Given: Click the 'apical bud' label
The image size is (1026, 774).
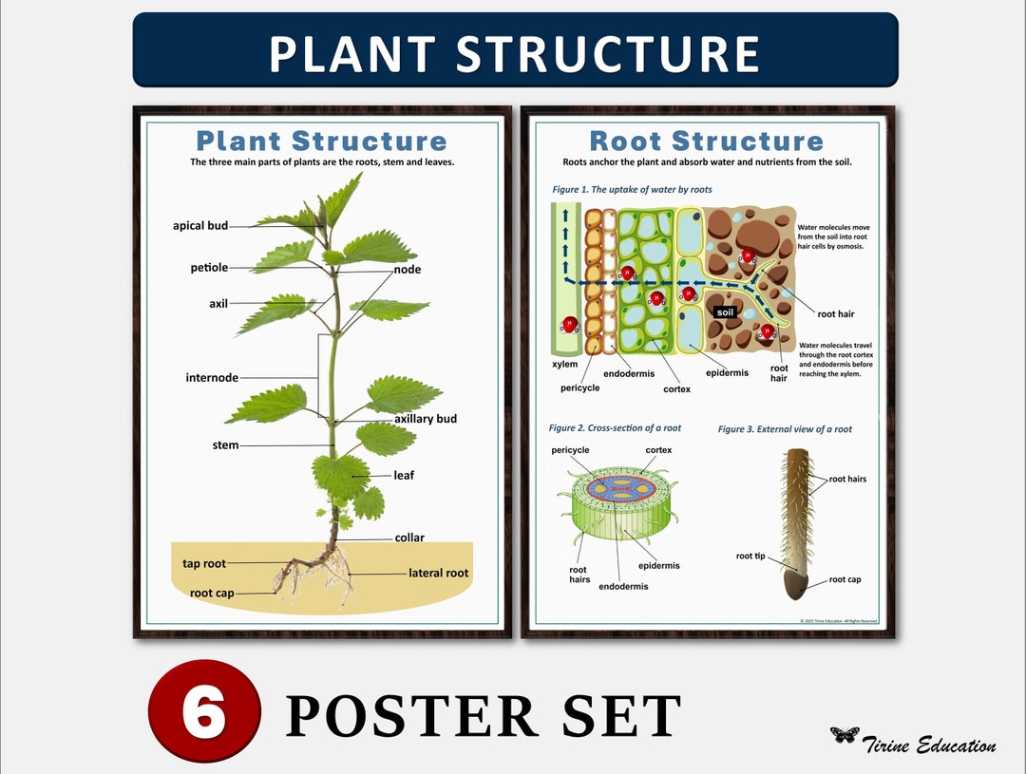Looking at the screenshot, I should click(200, 226).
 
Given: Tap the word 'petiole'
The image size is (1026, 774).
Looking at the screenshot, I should click(209, 268).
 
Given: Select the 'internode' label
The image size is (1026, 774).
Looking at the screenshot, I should click(212, 378).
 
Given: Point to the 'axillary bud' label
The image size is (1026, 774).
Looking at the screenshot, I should click(426, 419).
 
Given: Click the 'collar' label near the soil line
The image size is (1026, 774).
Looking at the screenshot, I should click(409, 538).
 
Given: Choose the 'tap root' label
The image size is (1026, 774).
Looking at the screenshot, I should click(204, 564).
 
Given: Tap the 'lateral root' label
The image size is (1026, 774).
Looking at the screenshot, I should click(438, 573).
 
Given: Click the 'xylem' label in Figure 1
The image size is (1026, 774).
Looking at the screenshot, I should click(564, 364).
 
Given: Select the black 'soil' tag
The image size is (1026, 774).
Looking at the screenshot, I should click(726, 312).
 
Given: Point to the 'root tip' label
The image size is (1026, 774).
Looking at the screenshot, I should click(750, 557).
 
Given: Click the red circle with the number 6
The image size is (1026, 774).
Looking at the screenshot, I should click(204, 711).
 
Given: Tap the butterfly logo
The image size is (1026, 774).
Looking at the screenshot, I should click(845, 734).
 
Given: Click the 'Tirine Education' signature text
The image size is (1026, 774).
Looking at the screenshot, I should click(929, 746).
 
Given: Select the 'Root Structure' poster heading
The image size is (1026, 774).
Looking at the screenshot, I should click(706, 142).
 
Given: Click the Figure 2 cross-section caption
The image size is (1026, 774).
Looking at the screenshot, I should click(615, 428).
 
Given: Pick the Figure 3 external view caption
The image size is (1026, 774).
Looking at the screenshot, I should click(785, 429).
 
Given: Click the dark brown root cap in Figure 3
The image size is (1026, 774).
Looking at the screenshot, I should click(795, 588).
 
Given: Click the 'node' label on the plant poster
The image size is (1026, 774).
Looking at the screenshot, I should click(408, 270).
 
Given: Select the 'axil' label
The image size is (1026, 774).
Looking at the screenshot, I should click(218, 304).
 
